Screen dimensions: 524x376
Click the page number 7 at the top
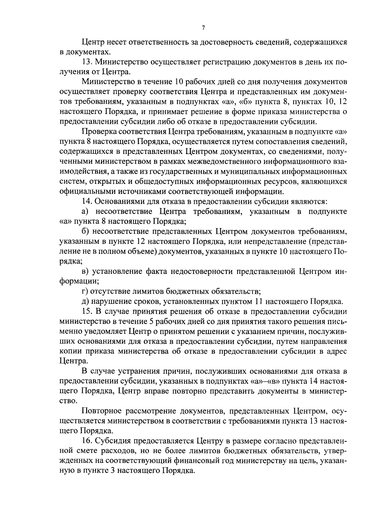point(203,28)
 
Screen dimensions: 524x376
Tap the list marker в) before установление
point(85,271)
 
